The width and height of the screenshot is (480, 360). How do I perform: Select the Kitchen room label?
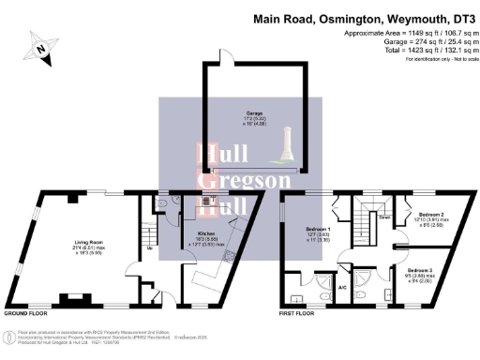point(207,234)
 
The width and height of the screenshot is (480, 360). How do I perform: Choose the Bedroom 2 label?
point(430,215)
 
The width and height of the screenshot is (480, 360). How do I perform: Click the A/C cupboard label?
point(342,287)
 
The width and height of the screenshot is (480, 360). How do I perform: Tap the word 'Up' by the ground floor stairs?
point(149,249)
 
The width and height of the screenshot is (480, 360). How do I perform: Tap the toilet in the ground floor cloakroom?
point(164,200)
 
